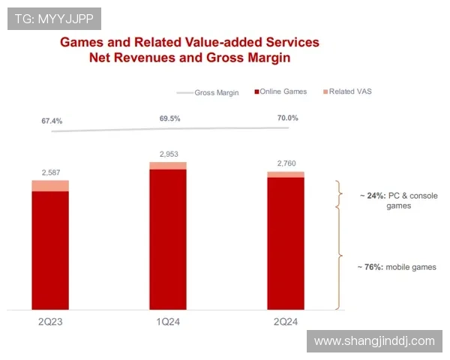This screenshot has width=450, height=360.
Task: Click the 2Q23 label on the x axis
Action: (49, 321)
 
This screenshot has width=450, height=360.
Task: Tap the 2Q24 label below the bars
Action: (286, 321)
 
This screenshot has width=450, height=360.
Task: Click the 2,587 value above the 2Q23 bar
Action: (49, 172)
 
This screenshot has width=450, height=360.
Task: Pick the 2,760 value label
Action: (286, 163)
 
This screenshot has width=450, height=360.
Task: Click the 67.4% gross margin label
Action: (52, 120)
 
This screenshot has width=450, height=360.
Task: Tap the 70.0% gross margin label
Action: (286, 118)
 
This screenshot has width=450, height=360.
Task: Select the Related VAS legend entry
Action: (349, 91)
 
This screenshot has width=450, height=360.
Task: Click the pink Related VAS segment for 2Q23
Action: (49, 185)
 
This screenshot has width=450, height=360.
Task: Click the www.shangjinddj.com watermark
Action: (374, 340)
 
